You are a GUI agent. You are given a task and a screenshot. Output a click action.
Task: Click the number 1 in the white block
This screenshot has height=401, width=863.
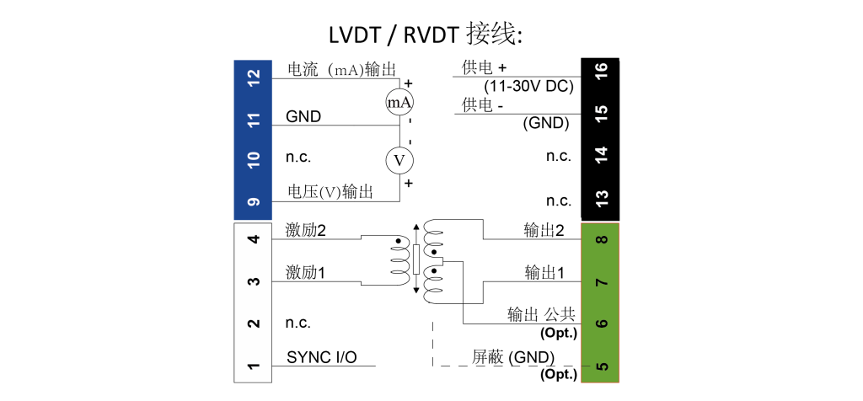click(x=254, y=366)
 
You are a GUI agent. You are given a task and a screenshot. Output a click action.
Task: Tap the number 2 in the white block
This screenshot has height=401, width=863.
click(x=254, y=323)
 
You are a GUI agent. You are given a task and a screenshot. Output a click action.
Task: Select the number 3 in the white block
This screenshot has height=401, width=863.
click(x=254, y=281)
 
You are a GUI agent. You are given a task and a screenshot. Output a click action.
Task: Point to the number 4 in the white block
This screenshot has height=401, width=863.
click(x=254, y=239)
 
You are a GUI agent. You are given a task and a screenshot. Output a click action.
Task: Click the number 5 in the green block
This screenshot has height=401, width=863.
click(x=602, y=366)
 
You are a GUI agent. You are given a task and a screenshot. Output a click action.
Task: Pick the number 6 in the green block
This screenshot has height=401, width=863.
click(x=602, y=323)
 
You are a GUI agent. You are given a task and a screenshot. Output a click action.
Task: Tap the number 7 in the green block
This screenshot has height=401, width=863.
click(x=602, y=281)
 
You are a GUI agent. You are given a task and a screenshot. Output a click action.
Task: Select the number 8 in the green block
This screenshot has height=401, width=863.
click(x=602, y=239)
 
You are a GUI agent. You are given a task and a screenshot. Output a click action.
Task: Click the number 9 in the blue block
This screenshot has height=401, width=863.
click(x=254, y=202)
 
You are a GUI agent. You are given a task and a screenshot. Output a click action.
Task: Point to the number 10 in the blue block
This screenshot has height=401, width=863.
click(x=254, y=160)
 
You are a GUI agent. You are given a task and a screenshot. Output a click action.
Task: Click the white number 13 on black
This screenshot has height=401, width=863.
click(x=602, y=198)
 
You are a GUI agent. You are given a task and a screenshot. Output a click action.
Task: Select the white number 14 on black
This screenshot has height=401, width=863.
click(x=602, y=155)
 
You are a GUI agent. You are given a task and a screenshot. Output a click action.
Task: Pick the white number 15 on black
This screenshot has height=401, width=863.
click(x=602, y=113)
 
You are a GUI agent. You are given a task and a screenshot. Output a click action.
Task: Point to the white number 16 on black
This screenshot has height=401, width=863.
click(x=602, y=71)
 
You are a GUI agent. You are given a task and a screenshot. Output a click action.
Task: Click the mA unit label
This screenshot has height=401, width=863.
click(x=399, y=104)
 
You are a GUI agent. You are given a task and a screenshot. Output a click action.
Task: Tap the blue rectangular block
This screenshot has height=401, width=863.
click(x=253, y=139)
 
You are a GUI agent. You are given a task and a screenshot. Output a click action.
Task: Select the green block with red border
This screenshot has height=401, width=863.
click(x=600, y=302)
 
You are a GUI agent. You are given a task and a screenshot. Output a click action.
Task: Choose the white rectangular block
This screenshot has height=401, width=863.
click(x=253, y=302)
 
